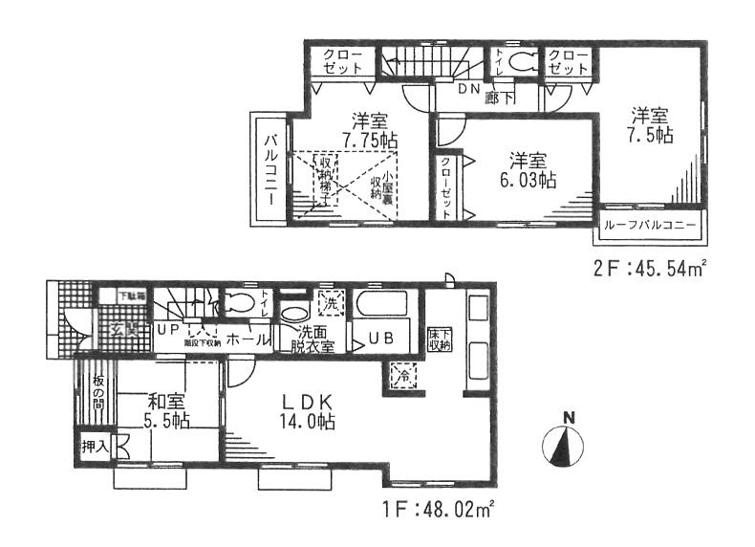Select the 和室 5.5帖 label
[x=166, y=411]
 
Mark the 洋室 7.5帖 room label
[x=651, y=126]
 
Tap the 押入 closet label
[x=94, y=445]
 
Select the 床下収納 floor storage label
[x=439, y=339]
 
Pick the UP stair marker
[x=167, y=329]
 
